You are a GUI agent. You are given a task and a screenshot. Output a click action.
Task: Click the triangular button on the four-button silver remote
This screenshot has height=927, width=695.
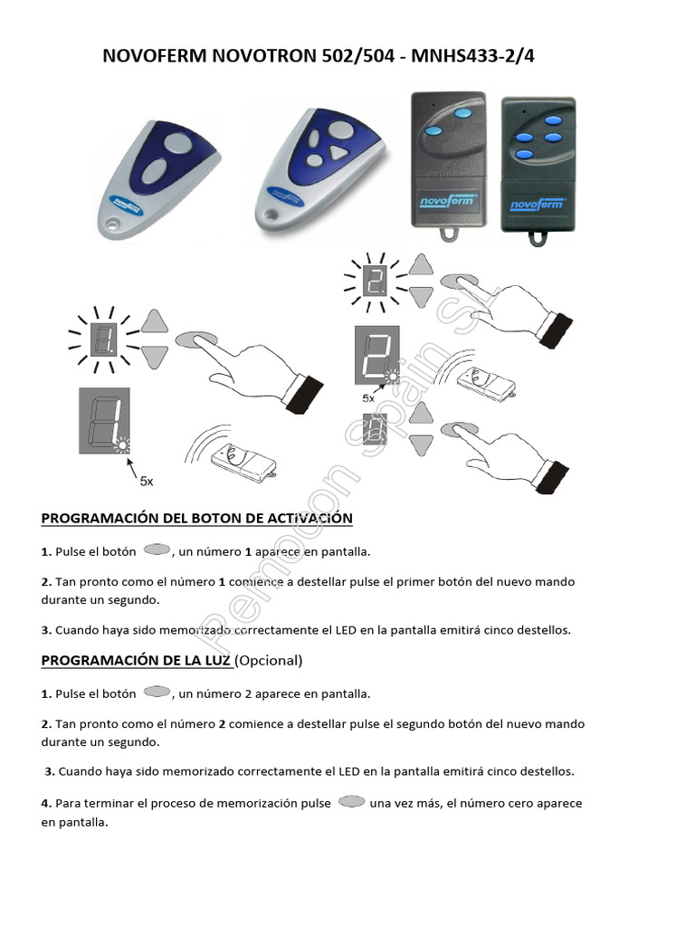pyautogui.click(x=341, y=153)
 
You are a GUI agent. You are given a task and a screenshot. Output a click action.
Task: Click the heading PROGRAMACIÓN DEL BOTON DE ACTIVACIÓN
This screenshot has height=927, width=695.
pyautogui.click(x=196, y=518)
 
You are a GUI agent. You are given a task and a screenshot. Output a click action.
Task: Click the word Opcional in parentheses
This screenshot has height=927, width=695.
pyautogui.click(x=269, y=660)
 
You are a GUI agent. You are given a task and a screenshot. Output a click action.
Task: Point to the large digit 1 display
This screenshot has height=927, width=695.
pyautogui.click(x=103, y=419)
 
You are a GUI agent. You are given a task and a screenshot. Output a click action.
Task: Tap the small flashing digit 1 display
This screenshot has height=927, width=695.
pyautogui.click(x=104, y=339)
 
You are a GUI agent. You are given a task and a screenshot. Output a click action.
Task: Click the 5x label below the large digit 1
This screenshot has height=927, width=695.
pyautogui.click(x=146, y=483)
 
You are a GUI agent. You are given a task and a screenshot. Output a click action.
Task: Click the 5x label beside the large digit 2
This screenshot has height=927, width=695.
pyautogui.click(x=368, y=397)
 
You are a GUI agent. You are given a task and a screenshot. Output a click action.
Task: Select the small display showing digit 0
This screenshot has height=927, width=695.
pyautogui.click(x=376, y=429)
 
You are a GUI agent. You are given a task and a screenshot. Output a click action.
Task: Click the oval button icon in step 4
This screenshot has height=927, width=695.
pyautogui.click(x=350, y=801)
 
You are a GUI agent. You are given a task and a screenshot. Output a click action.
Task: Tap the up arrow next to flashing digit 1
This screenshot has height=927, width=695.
pyautogui.click(x=156, y=321)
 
